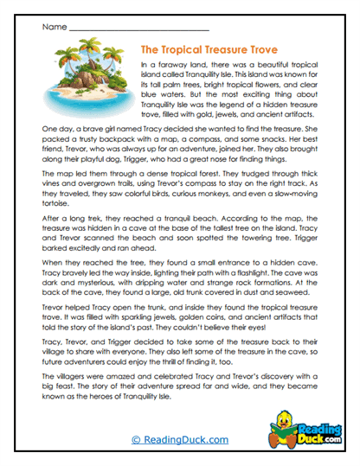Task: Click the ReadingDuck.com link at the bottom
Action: [x=180, y=441]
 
